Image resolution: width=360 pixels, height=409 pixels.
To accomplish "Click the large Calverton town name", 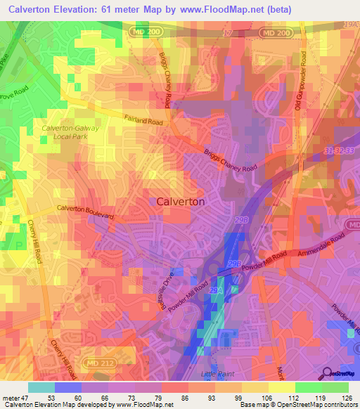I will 181,201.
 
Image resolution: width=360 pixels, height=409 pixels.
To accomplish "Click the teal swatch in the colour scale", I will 41,387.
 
